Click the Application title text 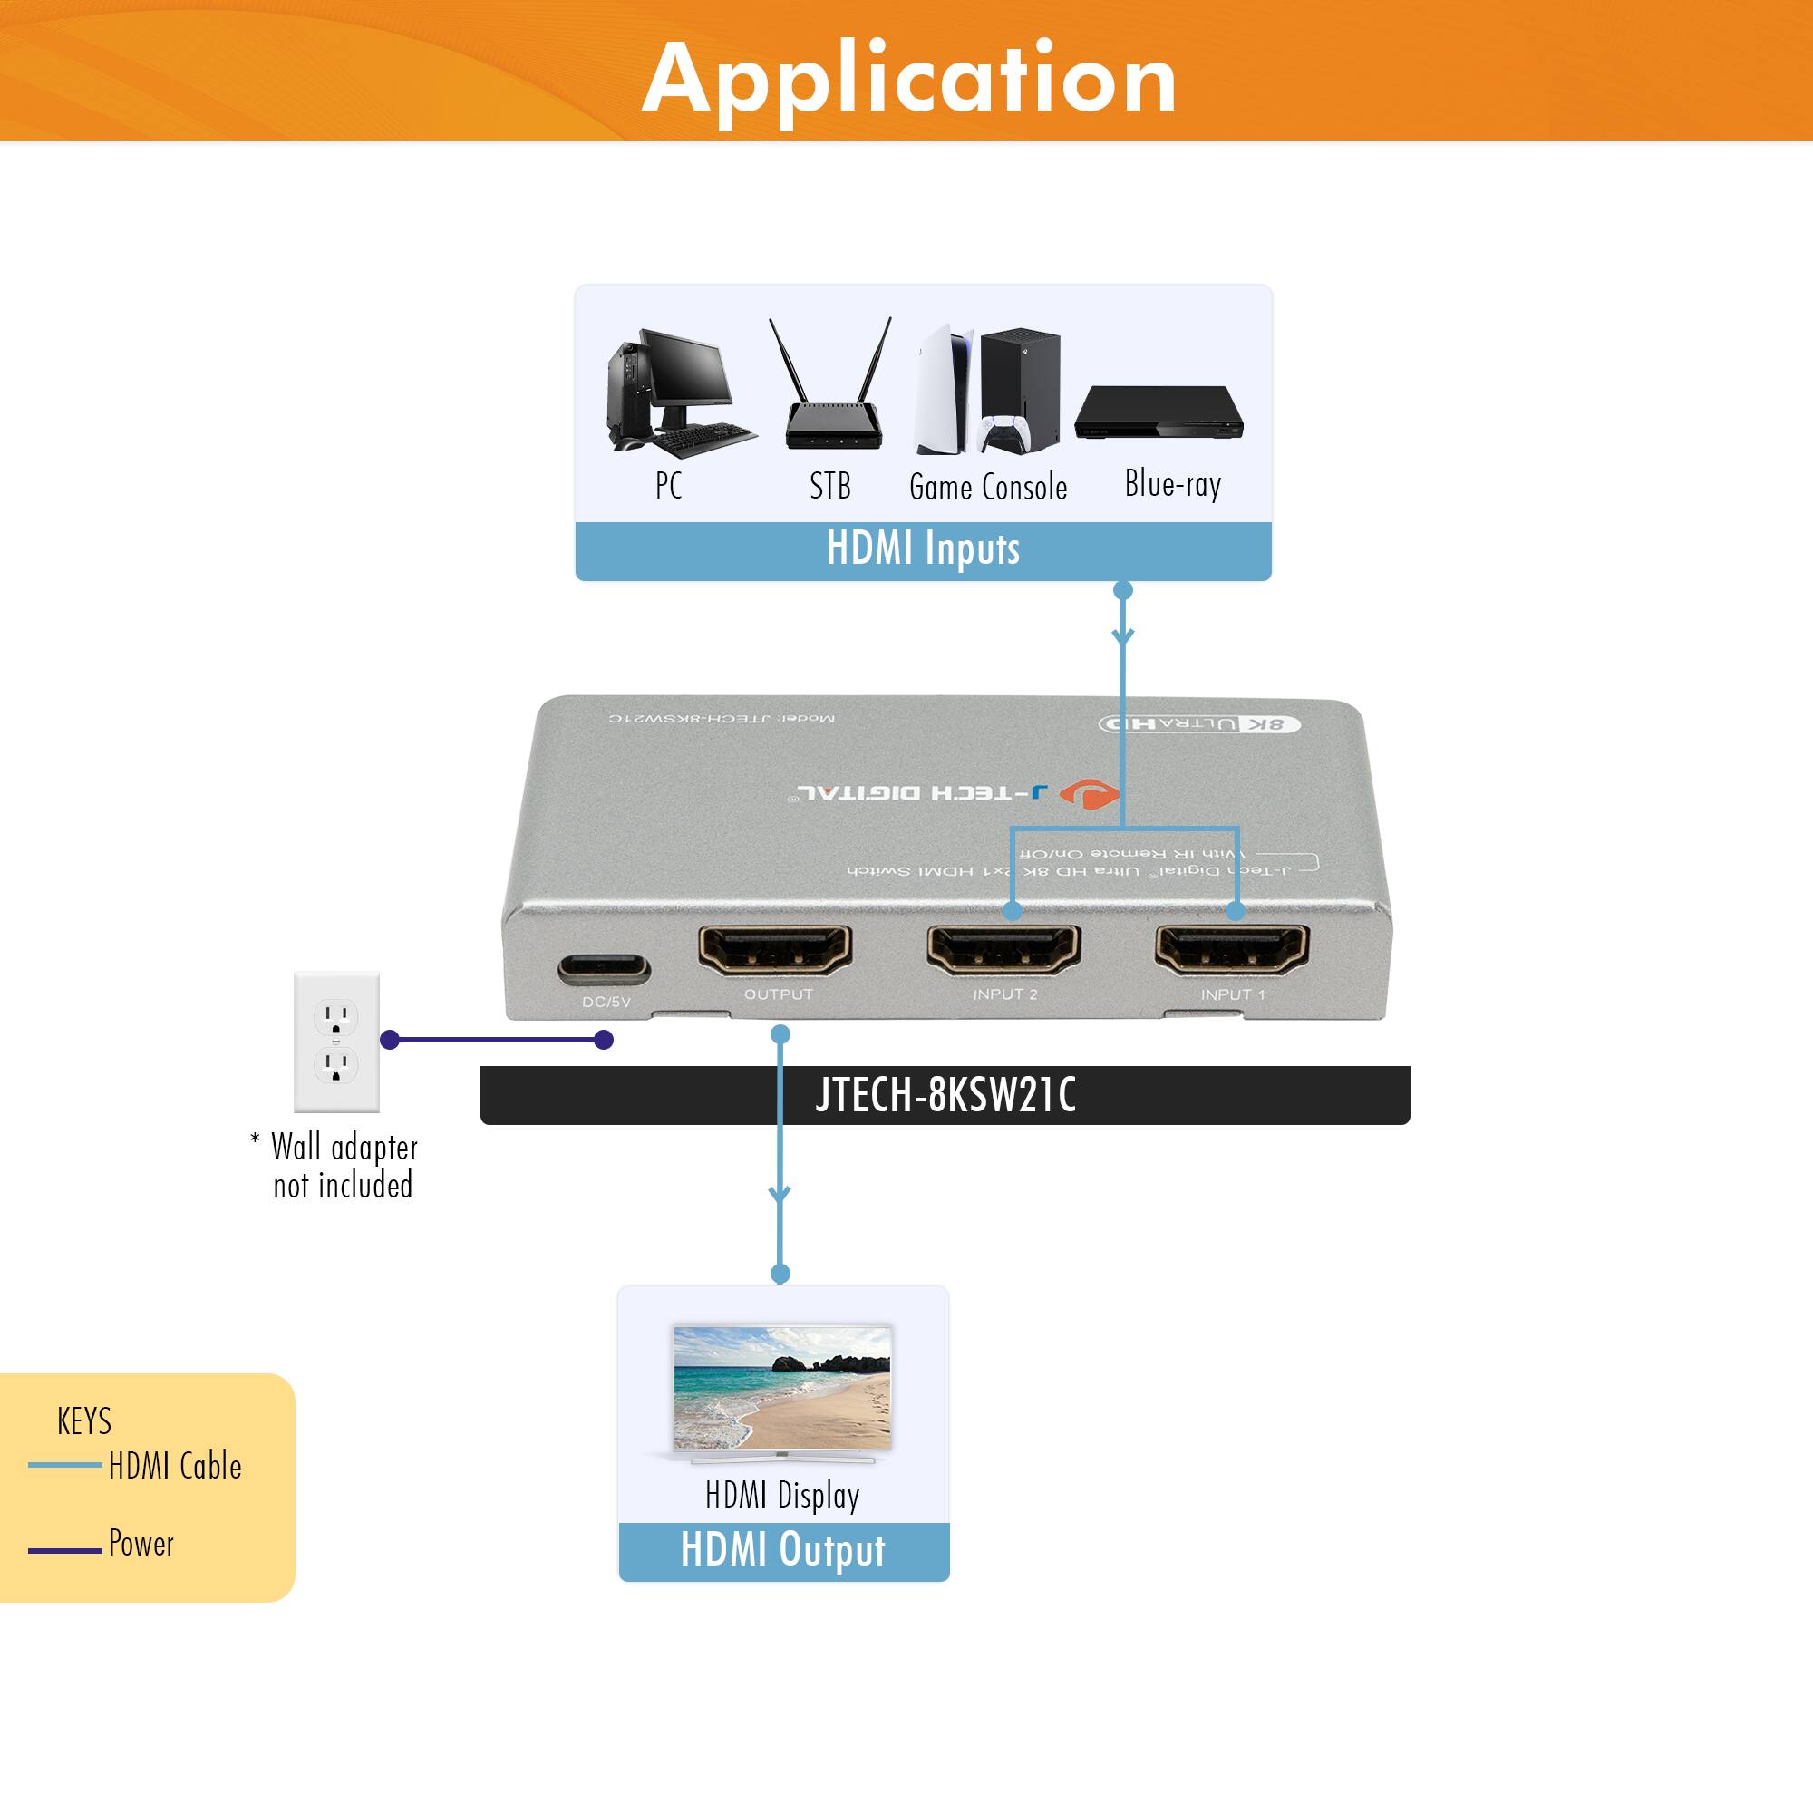pyautogui.click(x=908, y=79)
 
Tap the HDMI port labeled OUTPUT pyautogui.click(x=775, y=950)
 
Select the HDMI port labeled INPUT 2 pyautogui.click(x=1003, y=950)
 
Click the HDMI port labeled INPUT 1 pyautogui.click(x=1231, y=950)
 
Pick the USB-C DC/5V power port pyautogui.click(x=604, y=968)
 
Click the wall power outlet pyautogui.click(x=336, y=1042)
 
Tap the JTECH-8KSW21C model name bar pyautogui.click(x=944, y=1095)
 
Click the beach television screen pyautogui.click(x=781, y=1389)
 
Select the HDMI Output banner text pyautogui.click(x=782, y=1550)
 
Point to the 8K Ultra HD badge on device pyautogui.click(x=1200, y=723)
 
